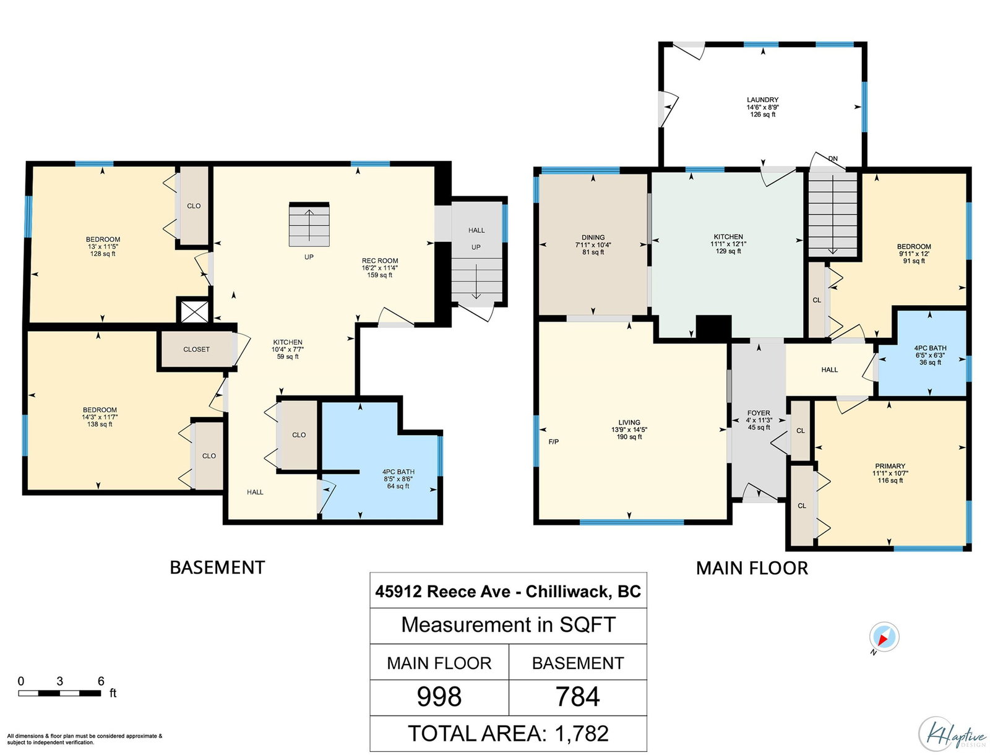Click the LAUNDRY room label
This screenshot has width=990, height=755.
tap(762, 100)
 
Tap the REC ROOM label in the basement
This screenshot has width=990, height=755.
tap(380, 261)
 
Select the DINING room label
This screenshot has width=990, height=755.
tap(593, 237)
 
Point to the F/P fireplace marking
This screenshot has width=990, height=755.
tap(553, 442)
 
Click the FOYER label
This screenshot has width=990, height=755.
tap(759, 413)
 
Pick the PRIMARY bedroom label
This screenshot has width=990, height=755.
tap(890, 467)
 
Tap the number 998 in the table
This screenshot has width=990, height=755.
tap(439, 697)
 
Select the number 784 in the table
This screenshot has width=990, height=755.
tap(577, 697)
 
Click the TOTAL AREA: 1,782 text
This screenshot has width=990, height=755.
tap(509, 733)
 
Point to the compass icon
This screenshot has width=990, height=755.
tap(884, 637)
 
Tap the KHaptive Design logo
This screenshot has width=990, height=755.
tap(953, 734)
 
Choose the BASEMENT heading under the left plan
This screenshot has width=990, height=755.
tap(217, 567)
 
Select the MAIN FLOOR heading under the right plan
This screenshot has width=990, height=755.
tap(752, 568)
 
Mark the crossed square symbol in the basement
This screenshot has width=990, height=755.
tap(194, 312)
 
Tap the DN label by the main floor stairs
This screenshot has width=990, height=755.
tap(833, 159)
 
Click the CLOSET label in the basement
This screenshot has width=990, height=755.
tap(196, 350)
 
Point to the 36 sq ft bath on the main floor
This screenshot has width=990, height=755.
tap(930, 355)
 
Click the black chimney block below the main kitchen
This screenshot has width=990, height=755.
tap(713, 327)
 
